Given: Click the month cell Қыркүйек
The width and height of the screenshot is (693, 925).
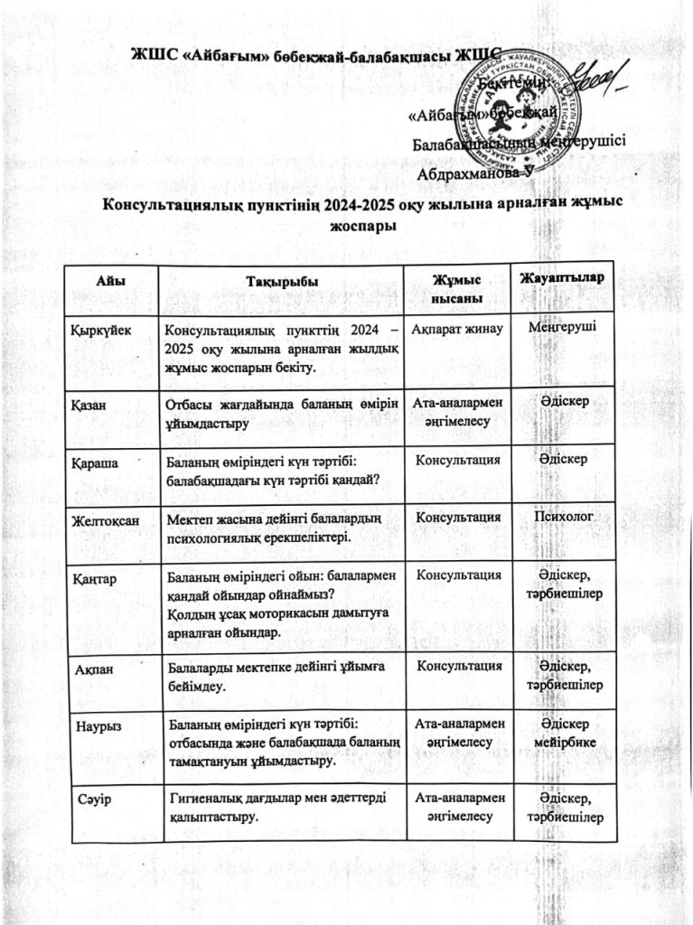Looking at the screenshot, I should [101, 331].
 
